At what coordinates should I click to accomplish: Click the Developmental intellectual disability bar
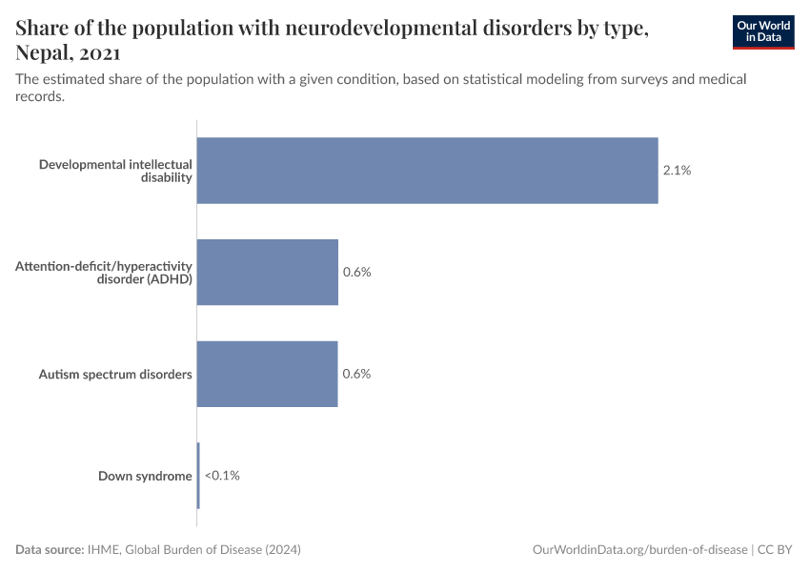tap(427, 171)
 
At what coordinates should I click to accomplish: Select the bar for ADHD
tap(268, 272)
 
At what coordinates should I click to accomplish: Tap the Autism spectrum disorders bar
tap(268, 374)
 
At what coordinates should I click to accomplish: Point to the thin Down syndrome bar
tap(198, 475)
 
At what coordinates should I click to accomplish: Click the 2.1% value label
tap(677, 171)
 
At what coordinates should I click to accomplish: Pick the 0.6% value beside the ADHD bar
tap(356, 272)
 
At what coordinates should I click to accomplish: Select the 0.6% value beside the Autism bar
tap(356, 374)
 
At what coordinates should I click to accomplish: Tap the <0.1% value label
tap(222, 475)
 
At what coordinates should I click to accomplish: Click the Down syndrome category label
tap(145, 476)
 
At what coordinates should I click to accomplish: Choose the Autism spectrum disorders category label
tap(115, 374)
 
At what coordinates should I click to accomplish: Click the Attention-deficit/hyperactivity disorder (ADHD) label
tap(104, 273)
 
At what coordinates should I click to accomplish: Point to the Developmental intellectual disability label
tap(115, 171)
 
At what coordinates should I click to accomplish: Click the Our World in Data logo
tap(762, 31)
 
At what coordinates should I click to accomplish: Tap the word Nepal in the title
tap(45, 54)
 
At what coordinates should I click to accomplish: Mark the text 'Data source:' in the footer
tap(50, 550)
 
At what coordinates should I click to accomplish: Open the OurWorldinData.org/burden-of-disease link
tap(639, 550)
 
